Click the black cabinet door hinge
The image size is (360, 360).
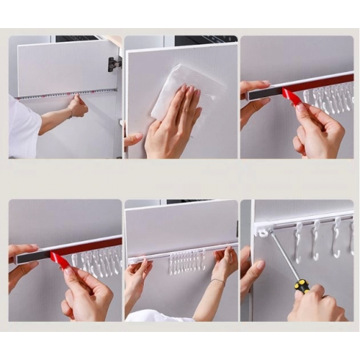(x=114, y=64)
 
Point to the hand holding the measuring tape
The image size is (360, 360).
(x=76, y=107)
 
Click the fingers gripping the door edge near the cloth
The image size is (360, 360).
(x=132, y=139)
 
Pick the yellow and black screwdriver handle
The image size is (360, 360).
(x=302, y=286)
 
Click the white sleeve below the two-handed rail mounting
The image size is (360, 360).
(x=155, y=315)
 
